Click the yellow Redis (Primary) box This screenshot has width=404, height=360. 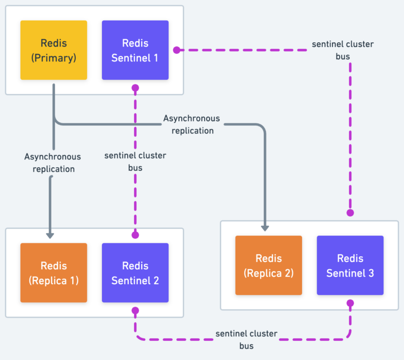(54, 50)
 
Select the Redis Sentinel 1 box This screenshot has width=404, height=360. (135, 50)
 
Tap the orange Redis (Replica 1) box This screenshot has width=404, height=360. (54, 272)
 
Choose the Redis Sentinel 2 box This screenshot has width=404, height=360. (135, 272)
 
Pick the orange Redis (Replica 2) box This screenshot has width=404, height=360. (268, 265)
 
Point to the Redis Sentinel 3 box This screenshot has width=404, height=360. (350, 265)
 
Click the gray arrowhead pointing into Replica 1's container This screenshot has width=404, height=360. (50, 235)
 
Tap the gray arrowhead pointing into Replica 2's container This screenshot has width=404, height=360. (265, 227)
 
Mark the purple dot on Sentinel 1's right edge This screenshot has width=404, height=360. (176, 51)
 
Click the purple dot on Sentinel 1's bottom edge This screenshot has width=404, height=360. (136, 88)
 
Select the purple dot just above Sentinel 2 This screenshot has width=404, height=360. (136, 235)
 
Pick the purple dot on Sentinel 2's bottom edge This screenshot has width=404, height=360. (136, 310)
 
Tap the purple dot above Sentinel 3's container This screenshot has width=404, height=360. (350, 212)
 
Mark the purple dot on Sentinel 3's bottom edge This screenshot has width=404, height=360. (350, 303)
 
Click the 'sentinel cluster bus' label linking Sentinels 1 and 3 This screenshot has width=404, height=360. (342, 50)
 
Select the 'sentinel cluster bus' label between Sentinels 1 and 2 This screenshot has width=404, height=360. (135, 161)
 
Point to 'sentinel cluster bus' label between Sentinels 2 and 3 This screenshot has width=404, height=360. (246, 340)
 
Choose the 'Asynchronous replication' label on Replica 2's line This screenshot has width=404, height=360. (192, 124)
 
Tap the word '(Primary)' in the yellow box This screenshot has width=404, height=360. (54, 58)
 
